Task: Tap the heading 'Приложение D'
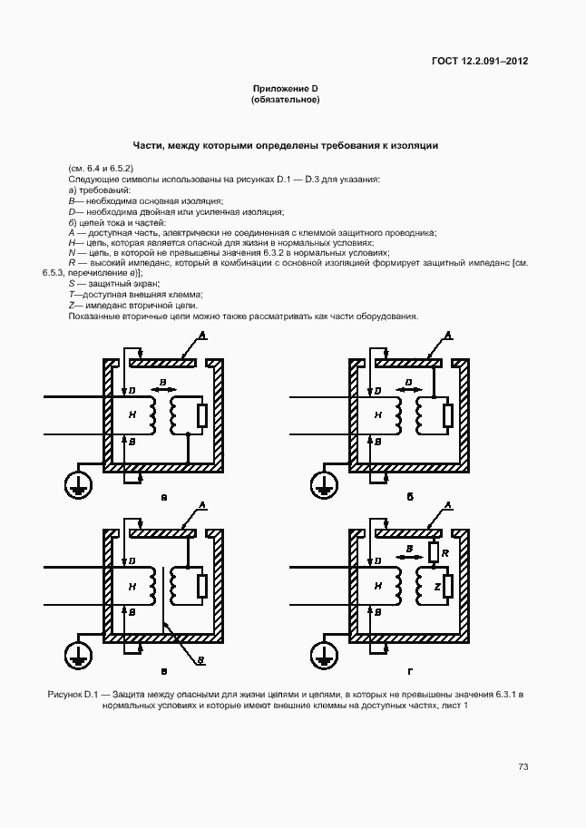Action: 285,88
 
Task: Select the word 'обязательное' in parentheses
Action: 285,99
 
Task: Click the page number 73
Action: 523,766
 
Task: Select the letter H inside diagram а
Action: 132,414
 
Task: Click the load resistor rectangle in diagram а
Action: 202,415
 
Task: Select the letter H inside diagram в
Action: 132,587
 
